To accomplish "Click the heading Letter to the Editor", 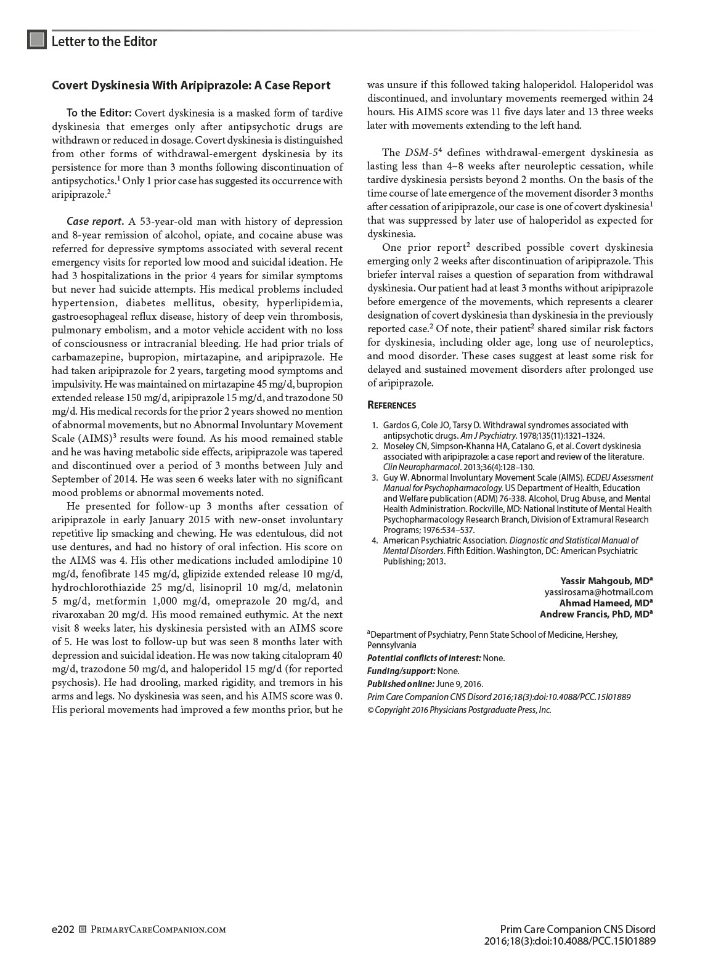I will tap(104, 41).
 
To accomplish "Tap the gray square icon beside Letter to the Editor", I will tap(37, 40).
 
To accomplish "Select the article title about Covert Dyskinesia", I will tap(191, 86).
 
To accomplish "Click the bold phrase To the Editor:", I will tap(99, 113).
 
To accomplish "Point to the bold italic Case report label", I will tap(95, 221).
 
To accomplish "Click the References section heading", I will tap(391, 405).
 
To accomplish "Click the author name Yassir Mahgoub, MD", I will tap(606, 580).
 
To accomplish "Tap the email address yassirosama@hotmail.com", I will tap(598, 592).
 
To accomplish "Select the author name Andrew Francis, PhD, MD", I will tap(596, 614).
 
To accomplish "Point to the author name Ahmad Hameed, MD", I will tap(606, 603).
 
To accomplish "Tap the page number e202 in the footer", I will tap(63, 929).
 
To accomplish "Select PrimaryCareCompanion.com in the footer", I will tap(158, 929).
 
